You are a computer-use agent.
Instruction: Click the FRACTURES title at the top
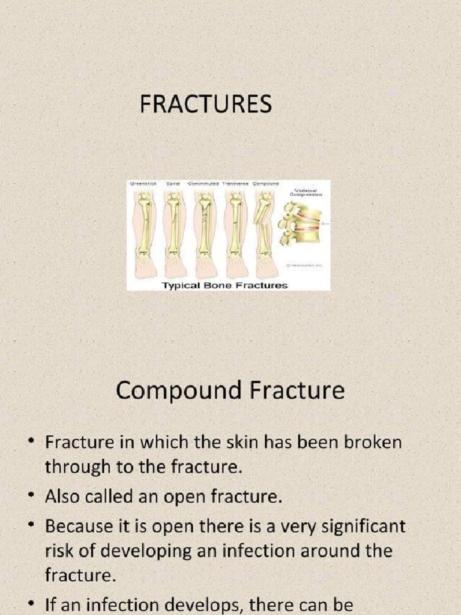[205, 105]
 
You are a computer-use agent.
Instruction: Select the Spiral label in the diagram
[173, 183]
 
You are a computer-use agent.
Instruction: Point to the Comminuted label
[204, 183]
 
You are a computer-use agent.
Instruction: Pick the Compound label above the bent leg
[265, 183]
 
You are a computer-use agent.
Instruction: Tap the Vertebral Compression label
[306, 192]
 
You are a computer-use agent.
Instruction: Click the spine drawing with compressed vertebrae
[300, 224]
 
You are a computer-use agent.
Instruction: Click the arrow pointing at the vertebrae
[327, 223]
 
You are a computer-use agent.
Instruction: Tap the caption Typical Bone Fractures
[225, 285]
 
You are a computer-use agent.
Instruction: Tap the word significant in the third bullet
[371, 528]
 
